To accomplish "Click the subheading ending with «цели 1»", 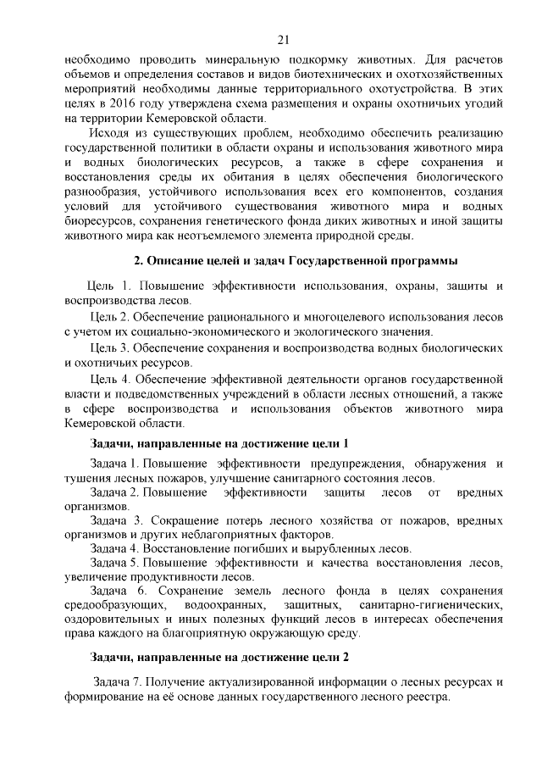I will (219, 443).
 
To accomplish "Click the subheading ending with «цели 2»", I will (219, 656).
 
